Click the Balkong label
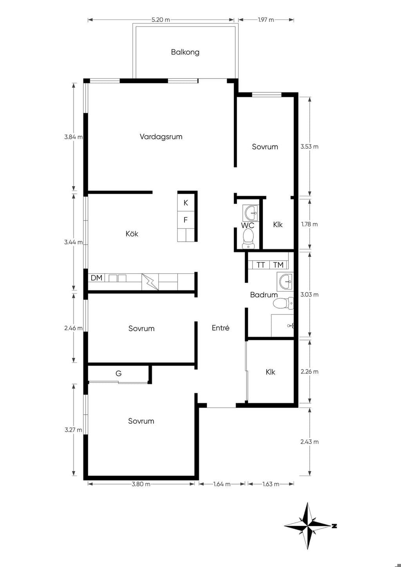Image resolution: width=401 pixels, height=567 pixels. click(x=185, y=52)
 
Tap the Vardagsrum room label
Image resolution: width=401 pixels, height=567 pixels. click(x=161, y=137)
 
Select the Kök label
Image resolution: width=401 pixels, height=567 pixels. click(x=132, y=233)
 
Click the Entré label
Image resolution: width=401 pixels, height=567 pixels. click(x=220, y=328)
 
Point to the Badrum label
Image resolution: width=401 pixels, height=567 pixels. click(x=264, y=294)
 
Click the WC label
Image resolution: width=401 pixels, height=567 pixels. click(x=247, y=225)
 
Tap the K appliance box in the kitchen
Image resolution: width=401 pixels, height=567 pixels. click(x=186, y=203)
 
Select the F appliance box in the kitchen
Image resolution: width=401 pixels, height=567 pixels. click(x=186, y=220)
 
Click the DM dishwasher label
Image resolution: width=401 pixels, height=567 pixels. click(x=96, y=278)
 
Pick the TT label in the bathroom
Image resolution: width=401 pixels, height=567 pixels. click(x=261, y=265)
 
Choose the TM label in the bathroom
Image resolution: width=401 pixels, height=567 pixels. click(x=278, y=265)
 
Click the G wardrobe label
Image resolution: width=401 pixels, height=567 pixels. click(x=119, y=373)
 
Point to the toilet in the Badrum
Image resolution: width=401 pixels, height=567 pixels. click(x=283, y=303)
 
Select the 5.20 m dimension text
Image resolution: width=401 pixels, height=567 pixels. click(x=161, y=20)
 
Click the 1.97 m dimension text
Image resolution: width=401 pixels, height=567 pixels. click(x=266, y=20)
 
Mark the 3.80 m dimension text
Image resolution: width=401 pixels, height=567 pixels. click(x=141, y=484)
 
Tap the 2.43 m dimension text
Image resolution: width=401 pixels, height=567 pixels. click(x=309, y=442)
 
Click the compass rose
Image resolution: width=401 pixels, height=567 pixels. click(x=308, y=526)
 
